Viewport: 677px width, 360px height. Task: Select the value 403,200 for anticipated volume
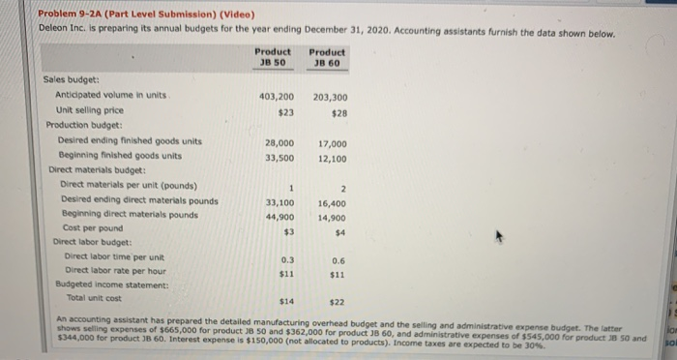click(278, 98)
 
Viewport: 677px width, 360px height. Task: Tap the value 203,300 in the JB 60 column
click(332, 98)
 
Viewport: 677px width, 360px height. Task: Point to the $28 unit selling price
click(338, 113)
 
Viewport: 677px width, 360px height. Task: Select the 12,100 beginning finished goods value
click(332, 158)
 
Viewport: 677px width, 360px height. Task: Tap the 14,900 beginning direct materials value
click(332, 218)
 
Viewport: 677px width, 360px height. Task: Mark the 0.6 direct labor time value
click(338, 260)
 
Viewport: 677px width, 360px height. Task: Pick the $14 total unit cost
click(286, 303)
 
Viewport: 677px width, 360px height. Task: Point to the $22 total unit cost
click(338, 303)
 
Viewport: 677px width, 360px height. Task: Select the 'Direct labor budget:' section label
click(96, 241)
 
